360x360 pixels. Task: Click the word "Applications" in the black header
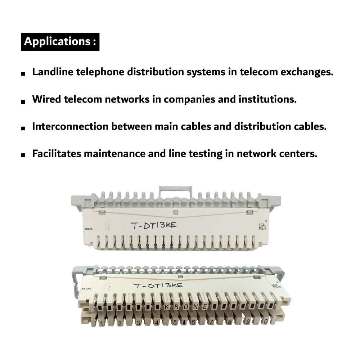coord(57,41)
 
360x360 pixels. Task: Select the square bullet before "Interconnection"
coord(23,128)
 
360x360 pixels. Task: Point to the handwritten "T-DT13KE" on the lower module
coord(158,286)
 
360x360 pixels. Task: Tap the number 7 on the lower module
coord(211,323)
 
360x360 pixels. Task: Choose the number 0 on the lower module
coord(266,321)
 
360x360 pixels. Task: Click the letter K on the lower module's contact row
coord(167,307)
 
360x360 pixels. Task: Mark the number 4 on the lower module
coord(156,323)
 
